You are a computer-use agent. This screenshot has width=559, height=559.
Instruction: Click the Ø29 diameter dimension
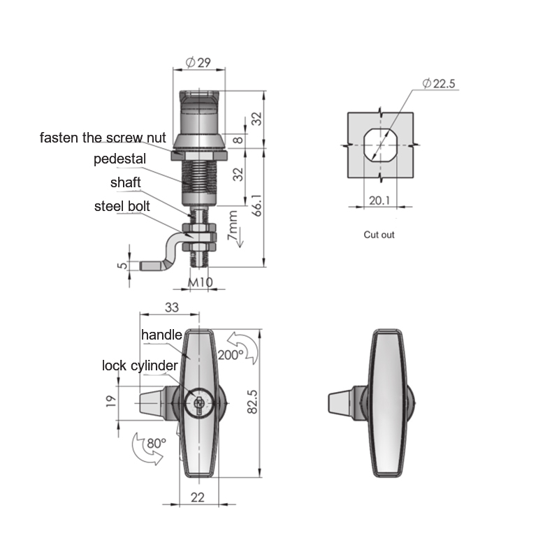pos(198,63)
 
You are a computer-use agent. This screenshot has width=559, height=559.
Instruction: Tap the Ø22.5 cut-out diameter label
pos(439,83)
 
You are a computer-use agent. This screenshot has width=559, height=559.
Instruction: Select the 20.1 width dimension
pos(379,201)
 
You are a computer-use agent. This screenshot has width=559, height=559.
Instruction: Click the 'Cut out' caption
pos(379,235)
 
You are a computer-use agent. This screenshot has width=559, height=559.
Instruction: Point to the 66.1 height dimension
pos(257,205)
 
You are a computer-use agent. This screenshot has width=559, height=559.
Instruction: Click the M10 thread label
pos(201,282)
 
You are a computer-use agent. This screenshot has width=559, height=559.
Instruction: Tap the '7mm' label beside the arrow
pos(232,225)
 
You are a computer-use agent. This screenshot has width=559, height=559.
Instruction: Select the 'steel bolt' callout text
pos(122,206)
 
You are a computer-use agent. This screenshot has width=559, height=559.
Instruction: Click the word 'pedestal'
pos(119,159)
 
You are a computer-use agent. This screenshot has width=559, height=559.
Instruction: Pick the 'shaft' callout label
pos(126,182)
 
